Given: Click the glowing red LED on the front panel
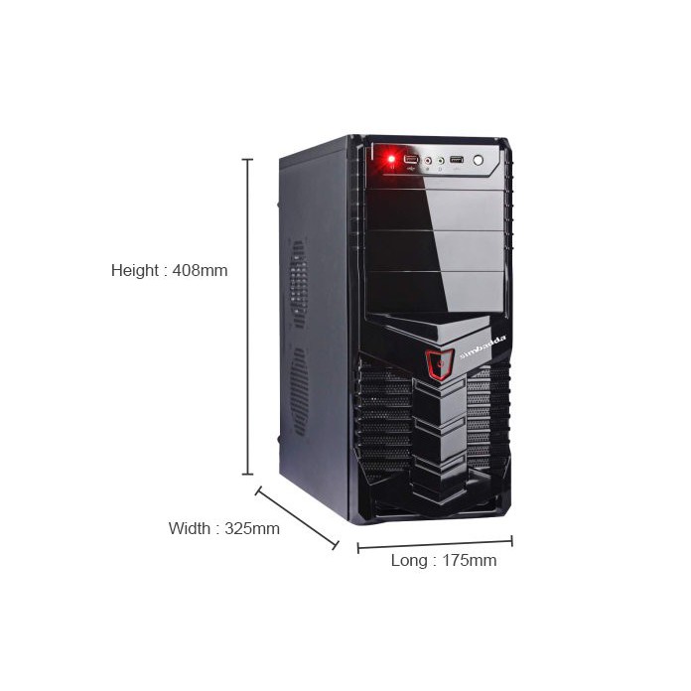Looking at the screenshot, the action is [x=390, y=159].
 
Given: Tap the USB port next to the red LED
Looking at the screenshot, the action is [x=411, y=159].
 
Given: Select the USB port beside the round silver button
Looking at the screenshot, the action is [x=457, y=159].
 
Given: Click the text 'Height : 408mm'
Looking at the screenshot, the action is [x=169, y=270].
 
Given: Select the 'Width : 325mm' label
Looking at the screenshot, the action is [x=223, y=528].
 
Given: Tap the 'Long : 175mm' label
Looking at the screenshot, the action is [x=444, y=561].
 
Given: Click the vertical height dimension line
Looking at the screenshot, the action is [x=247, y=318].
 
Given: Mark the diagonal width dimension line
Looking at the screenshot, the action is [x=297, y=517].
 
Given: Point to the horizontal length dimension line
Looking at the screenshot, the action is [x=435, y=544].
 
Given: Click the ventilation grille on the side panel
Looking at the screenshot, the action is [x=298, y=338].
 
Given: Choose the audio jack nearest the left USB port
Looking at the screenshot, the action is [x=428, y=159].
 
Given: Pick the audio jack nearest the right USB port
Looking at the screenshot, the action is [x=440, y=159].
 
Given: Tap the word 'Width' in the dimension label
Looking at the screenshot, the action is [x=188, y=528].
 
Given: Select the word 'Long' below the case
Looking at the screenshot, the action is [x=408, y=561].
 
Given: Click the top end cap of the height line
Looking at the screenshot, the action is [x=247, y=159].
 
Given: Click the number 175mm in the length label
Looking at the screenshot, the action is [x=469, y=561].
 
